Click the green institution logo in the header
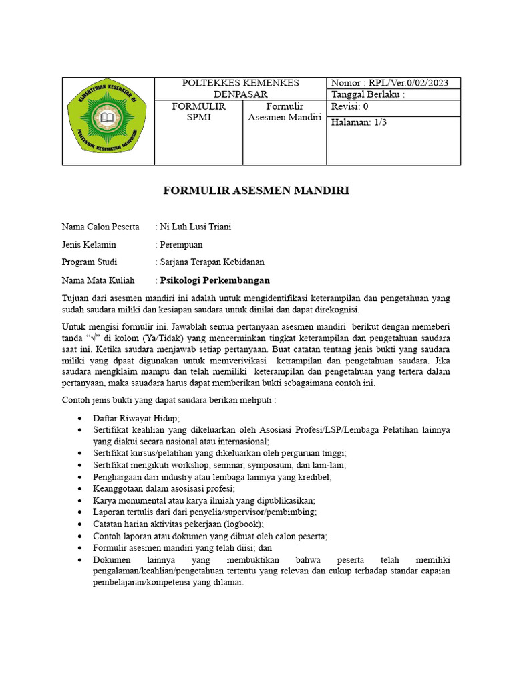(108, 120)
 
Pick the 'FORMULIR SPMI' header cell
(198, 112)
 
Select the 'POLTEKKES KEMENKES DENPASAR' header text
(240, 88)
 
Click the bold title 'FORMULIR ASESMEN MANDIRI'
(256, 191)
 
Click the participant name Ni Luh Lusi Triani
(196, 227)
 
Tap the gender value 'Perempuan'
(181, 244)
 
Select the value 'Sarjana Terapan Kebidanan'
(212, 262)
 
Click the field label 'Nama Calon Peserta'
(101, 227)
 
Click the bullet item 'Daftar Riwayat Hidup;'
(136, 417)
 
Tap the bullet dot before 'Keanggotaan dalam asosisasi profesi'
(79, 489)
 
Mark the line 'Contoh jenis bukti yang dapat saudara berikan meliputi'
(169, 400)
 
